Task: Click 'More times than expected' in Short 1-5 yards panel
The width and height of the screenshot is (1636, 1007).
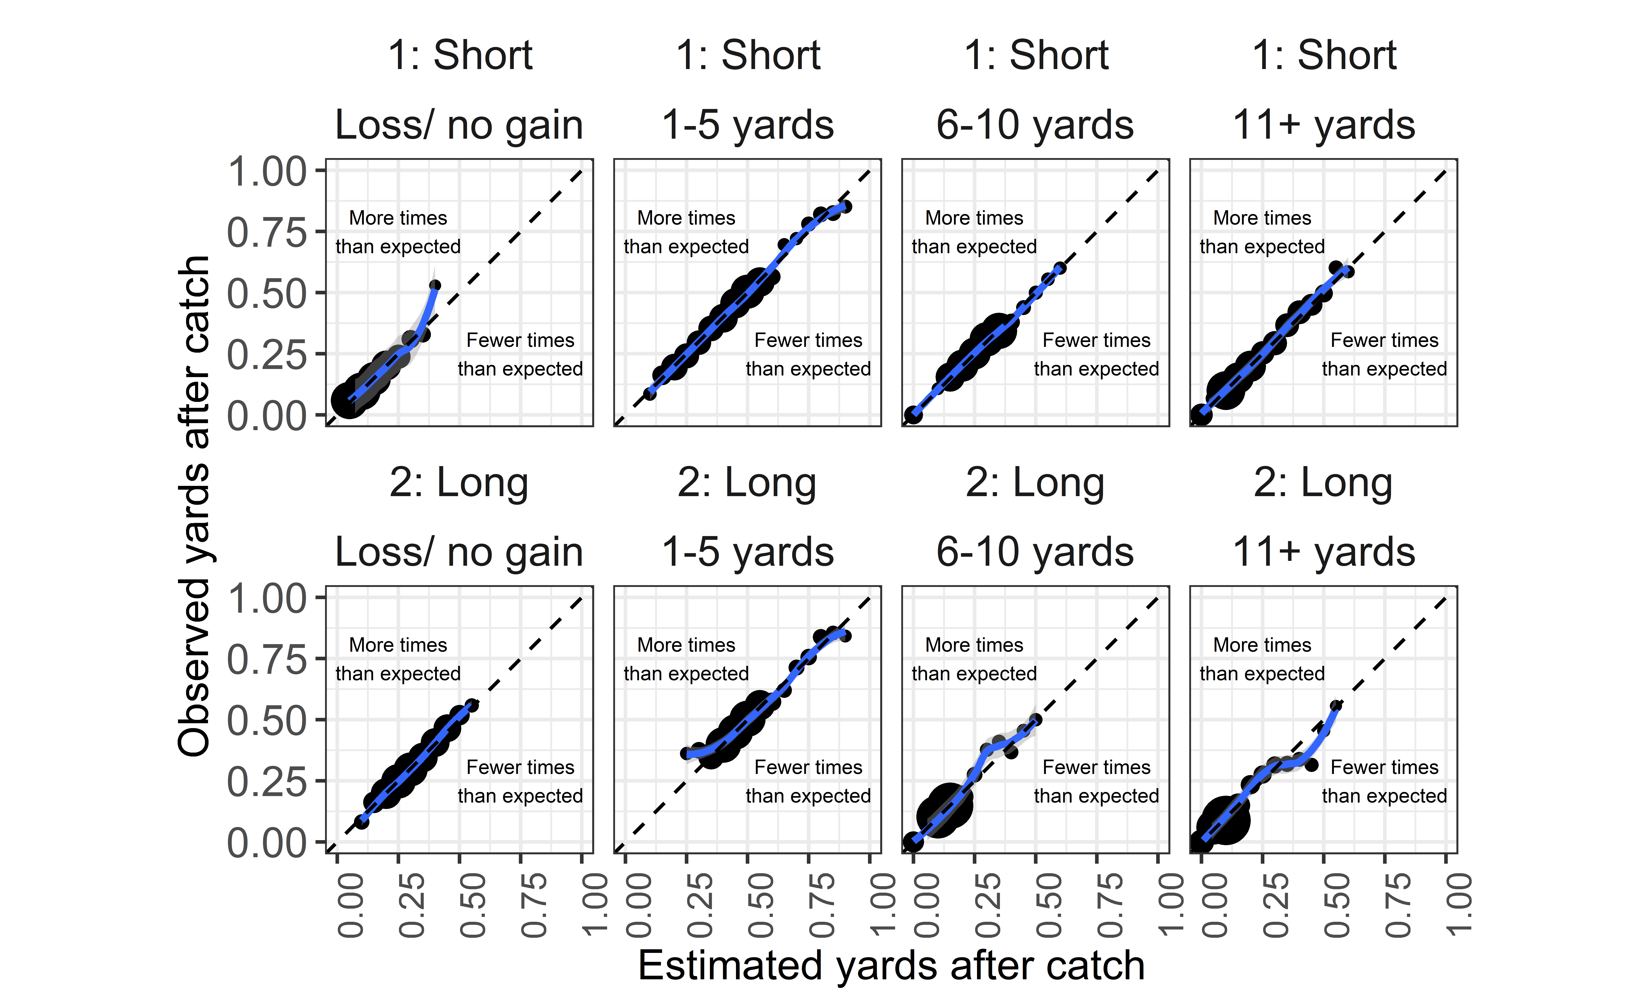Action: [x=687, y=232]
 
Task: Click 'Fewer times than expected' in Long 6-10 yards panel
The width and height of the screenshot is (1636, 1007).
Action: [x=1097, y=781]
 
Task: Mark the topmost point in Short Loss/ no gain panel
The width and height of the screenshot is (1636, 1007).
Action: [x=435, y=285]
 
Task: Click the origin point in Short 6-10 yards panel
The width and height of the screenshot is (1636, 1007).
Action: [x=913, y=415]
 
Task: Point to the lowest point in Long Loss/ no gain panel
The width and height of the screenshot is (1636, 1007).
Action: [x=362, y=822]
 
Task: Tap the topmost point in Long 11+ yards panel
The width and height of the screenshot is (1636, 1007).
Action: [x=1335, y=705]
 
